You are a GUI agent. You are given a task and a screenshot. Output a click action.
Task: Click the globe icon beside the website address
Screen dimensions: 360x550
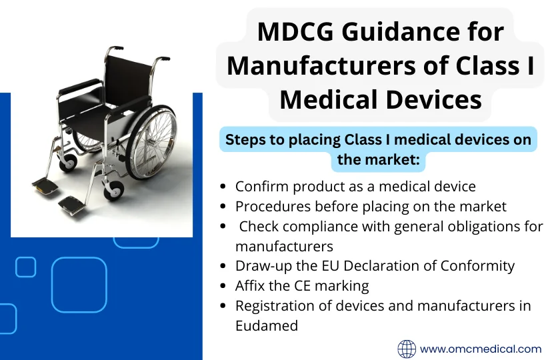coord(407,349)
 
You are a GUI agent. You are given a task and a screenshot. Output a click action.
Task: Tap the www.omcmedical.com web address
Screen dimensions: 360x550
coord(480,349)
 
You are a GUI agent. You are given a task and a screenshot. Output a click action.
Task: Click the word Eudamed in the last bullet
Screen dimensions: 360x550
coord(266,326)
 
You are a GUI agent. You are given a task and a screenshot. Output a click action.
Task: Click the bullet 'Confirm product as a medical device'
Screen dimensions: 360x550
coord(355,186)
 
